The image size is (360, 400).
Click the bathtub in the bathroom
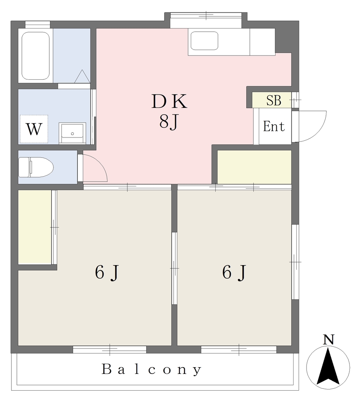click(36, 55)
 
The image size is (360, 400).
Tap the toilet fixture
click(36, 167)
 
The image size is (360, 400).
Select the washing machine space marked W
click(34, 129)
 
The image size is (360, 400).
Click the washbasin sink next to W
click(72, 133)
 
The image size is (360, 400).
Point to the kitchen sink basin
click(204, 41)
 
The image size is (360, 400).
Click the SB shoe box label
click(274, 100)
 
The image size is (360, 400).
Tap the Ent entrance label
click(274, 126)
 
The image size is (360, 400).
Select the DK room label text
click(169, 102)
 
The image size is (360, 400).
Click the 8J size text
click(168, 122)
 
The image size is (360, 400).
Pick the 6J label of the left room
click(107, 272)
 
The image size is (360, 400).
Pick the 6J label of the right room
click(234, 272)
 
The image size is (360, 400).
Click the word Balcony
click(152, 370)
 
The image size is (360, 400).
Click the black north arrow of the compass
click(328, 367)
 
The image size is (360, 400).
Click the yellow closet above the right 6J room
click(254, 167)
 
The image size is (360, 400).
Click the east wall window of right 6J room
click(295, 262)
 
